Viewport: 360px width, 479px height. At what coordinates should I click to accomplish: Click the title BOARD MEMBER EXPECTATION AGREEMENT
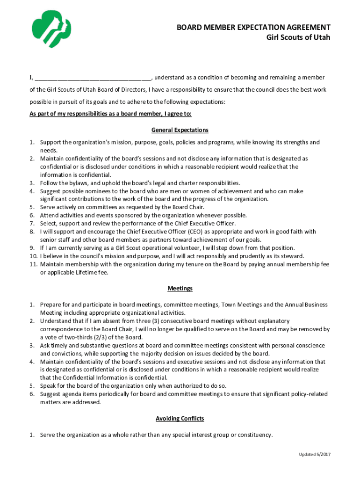[x=253, y=28]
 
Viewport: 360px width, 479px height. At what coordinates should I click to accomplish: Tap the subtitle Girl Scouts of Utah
[x=295, y=37]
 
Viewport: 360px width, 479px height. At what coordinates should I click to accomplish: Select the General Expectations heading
[x=180, y=130]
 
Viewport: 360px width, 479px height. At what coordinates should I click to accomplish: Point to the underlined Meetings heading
[x=180, y=289]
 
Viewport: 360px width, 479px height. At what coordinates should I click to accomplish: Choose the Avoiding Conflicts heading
[x=180, y=418]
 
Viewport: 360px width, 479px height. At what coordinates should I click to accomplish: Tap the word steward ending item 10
[x=293, y=256]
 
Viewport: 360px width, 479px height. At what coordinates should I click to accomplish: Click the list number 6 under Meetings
[x=31, y=394]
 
